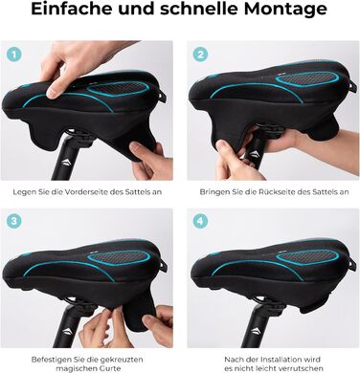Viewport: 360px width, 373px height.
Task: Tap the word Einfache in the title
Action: click(72, 8)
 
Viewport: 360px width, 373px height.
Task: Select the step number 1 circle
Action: click(13, 55)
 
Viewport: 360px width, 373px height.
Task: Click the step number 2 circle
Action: click(200, 55)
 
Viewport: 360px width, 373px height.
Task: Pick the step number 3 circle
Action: click(13, 221)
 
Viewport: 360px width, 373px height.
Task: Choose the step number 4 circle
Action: click(200, 221)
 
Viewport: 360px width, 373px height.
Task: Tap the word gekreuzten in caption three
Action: click(122, 360)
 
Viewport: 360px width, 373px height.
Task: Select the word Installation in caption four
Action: click(282, 360)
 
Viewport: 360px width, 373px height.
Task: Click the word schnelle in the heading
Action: click(198, 9)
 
